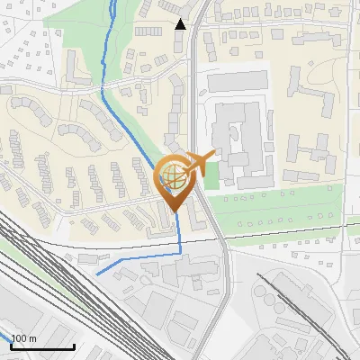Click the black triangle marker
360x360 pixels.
[x=181, y=23]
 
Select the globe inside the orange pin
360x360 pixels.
[x=171, y=175]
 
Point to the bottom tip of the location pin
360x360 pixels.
[x=172, y=211]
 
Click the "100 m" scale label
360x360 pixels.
[x=23, y=338]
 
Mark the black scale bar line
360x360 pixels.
[x=42, y=346]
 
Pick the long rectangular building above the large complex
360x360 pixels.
[x=238, y=82]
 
